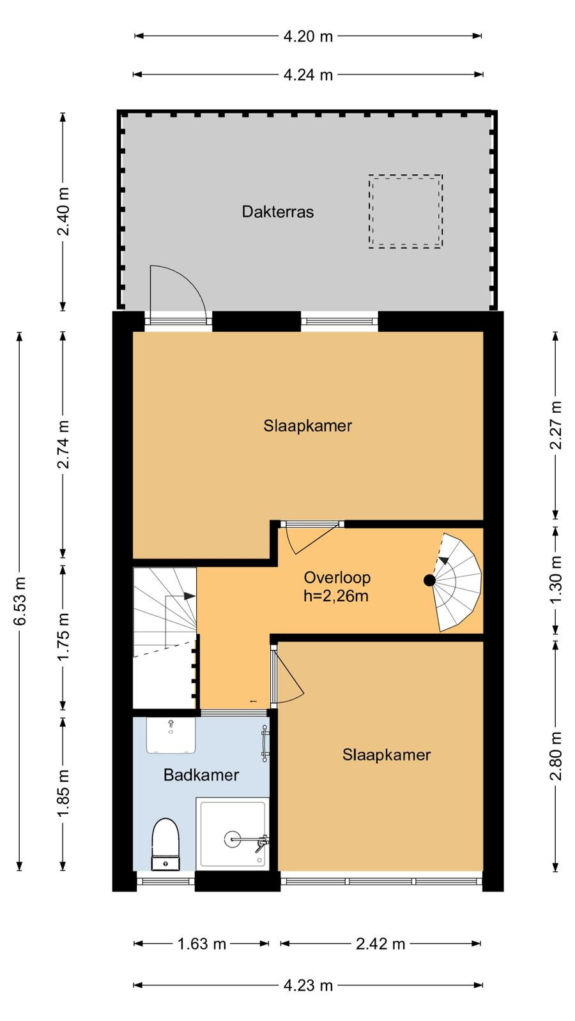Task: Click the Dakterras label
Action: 277,211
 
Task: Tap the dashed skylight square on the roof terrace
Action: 405,175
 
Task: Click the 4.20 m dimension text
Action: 308,36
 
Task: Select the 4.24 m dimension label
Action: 308,75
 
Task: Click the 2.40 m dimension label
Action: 63,211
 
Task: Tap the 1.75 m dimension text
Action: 63,637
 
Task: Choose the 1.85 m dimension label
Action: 63,793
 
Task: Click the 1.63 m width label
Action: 202,944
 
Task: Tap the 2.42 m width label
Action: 381,944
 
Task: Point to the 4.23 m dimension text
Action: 308,985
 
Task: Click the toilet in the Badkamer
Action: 165,844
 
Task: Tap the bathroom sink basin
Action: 171,735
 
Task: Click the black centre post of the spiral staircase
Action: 429,580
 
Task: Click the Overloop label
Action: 337,578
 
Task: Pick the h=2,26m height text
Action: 336,596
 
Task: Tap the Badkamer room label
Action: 201,775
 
